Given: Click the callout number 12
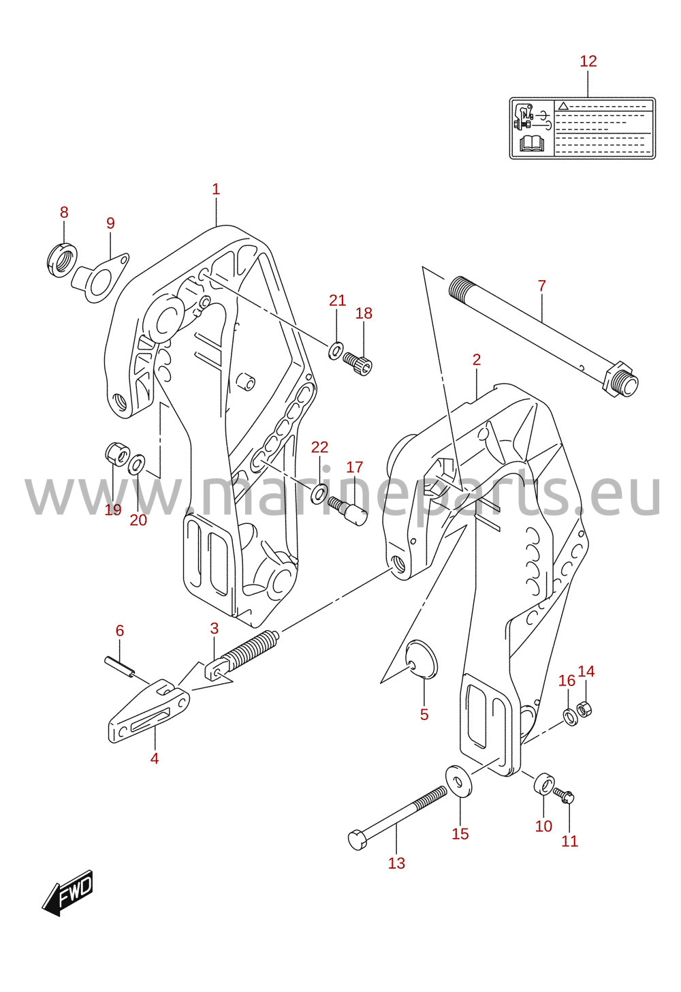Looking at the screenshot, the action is [x=588, y=61].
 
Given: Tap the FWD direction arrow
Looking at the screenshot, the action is [x=67, y=892].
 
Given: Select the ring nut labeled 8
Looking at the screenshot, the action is [x=61, y=260].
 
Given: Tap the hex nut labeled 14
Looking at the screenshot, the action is [x=584, y=711].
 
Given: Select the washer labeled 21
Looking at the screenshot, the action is [x=335, y=350].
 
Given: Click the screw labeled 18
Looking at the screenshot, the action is [x=358, y=364].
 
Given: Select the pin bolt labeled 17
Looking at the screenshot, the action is [x=348, y=510].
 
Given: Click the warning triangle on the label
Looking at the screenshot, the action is [x=563, y=106].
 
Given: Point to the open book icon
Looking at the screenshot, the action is [x=531, y=144].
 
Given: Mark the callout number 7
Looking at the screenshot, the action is [x=542, y=285].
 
